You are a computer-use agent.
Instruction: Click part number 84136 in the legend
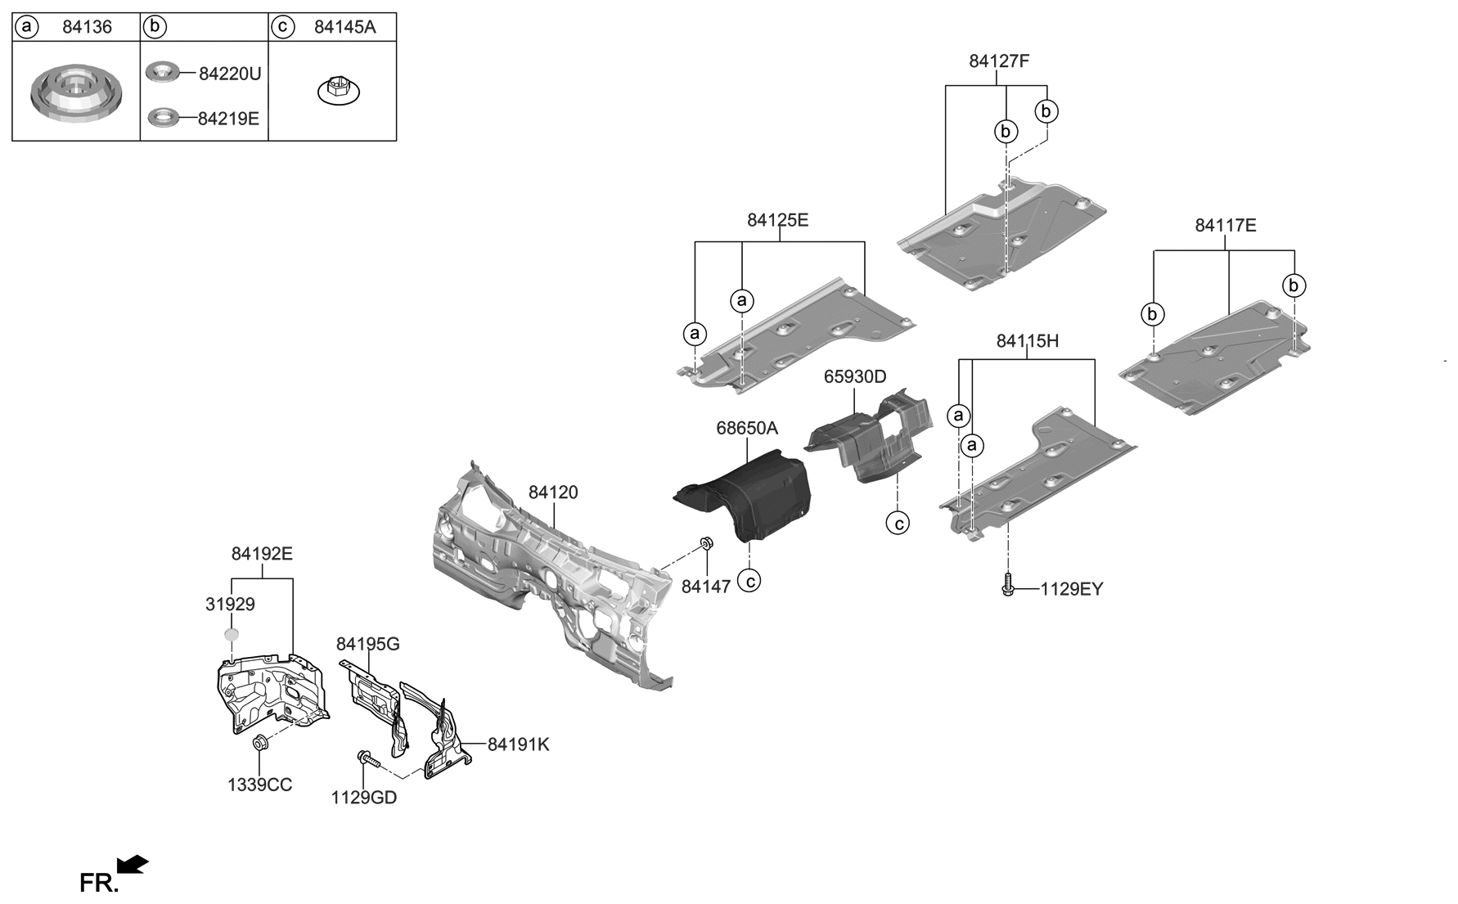point(87,27)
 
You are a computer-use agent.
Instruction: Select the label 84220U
point(229,74)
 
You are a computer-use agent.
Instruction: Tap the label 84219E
point(228,119)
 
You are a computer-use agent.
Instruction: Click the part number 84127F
point(998,61)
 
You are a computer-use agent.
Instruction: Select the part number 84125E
point(777,220)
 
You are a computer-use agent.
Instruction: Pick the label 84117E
point(1225,226)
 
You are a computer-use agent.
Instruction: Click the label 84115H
point(1027,342)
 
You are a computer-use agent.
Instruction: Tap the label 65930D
point(854,377)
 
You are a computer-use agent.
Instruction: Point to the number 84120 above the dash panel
point(553,492)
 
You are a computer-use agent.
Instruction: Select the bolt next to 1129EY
point(1008,585)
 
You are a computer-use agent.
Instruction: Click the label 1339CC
point(259,785)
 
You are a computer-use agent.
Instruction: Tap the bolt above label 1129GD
point(367,759)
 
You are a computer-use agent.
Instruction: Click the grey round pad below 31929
point(232,634)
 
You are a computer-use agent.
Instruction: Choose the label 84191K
point(518,745)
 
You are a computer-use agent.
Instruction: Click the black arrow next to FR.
point(133,865)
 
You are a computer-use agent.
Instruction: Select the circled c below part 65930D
point(898,522)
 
